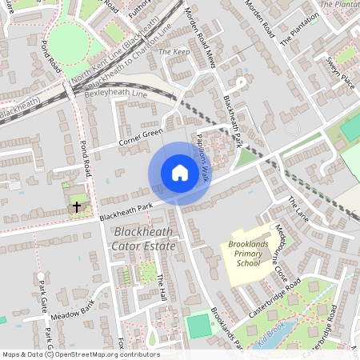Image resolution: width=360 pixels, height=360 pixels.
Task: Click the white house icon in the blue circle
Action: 179,173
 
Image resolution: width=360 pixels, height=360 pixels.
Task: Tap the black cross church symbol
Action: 77,207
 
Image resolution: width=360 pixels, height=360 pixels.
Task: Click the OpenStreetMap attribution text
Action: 81,354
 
